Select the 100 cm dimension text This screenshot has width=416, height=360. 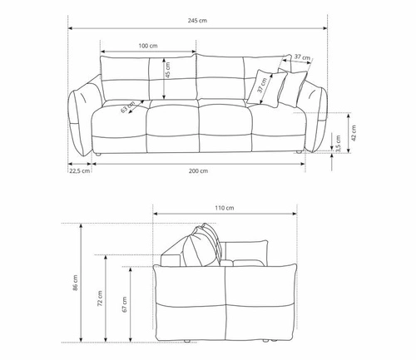[148, 46]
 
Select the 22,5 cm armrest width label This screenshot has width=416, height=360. [80, 171]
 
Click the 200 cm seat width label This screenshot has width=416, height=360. [198, 171]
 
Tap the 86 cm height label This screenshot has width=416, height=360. [74, 284]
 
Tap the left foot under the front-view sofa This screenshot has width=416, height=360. [98, 155]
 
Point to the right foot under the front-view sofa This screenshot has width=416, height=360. [298, 155]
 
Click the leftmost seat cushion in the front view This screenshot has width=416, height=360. [118, 129]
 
